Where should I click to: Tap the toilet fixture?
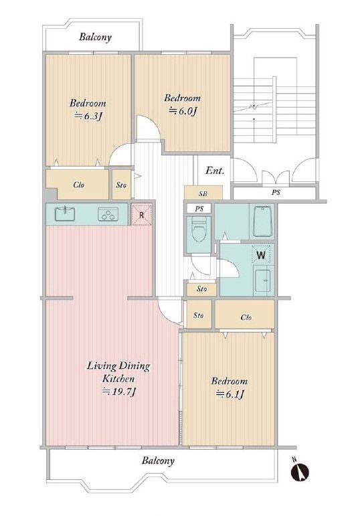[199, 229]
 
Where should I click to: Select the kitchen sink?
[64, 214]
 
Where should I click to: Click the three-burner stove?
[108, 215]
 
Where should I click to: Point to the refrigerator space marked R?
[141, 215]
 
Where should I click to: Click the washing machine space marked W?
[260, 255]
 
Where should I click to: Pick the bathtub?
[262, 221]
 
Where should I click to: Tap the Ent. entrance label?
[215, 171]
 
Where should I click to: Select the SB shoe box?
[203, 193]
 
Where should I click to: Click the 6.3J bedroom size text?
[88, 116]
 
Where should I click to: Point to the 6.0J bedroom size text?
[183, 111]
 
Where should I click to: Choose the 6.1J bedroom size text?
[230, 394]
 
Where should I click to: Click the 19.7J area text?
[119, 392]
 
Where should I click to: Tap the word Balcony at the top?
[95, 37]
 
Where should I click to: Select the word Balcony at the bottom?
[158, 460]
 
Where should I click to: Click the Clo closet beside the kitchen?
[78, 185]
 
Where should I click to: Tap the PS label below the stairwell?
[276, 192]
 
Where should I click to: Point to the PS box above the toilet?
[199, 208]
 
